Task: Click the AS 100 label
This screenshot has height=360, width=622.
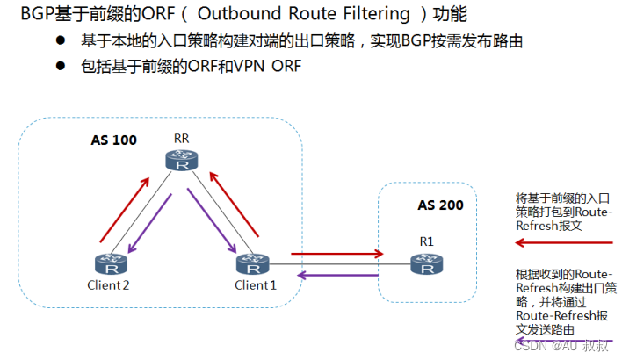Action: click(113, 140)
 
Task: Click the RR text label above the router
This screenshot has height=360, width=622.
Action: click(182, 138)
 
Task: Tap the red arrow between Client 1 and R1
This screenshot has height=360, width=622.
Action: click(336, 254)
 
